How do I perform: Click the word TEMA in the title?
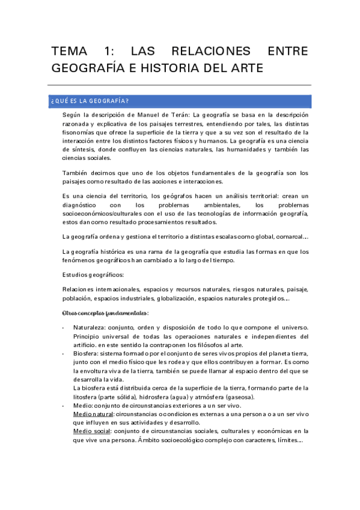coord(70,52)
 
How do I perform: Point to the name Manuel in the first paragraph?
coord(144,114)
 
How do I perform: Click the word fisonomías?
coord(82,132)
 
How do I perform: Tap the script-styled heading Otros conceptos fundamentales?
coord(105,313)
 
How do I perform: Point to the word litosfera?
coord(85,397)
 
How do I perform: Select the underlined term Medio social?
coord(90,431)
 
